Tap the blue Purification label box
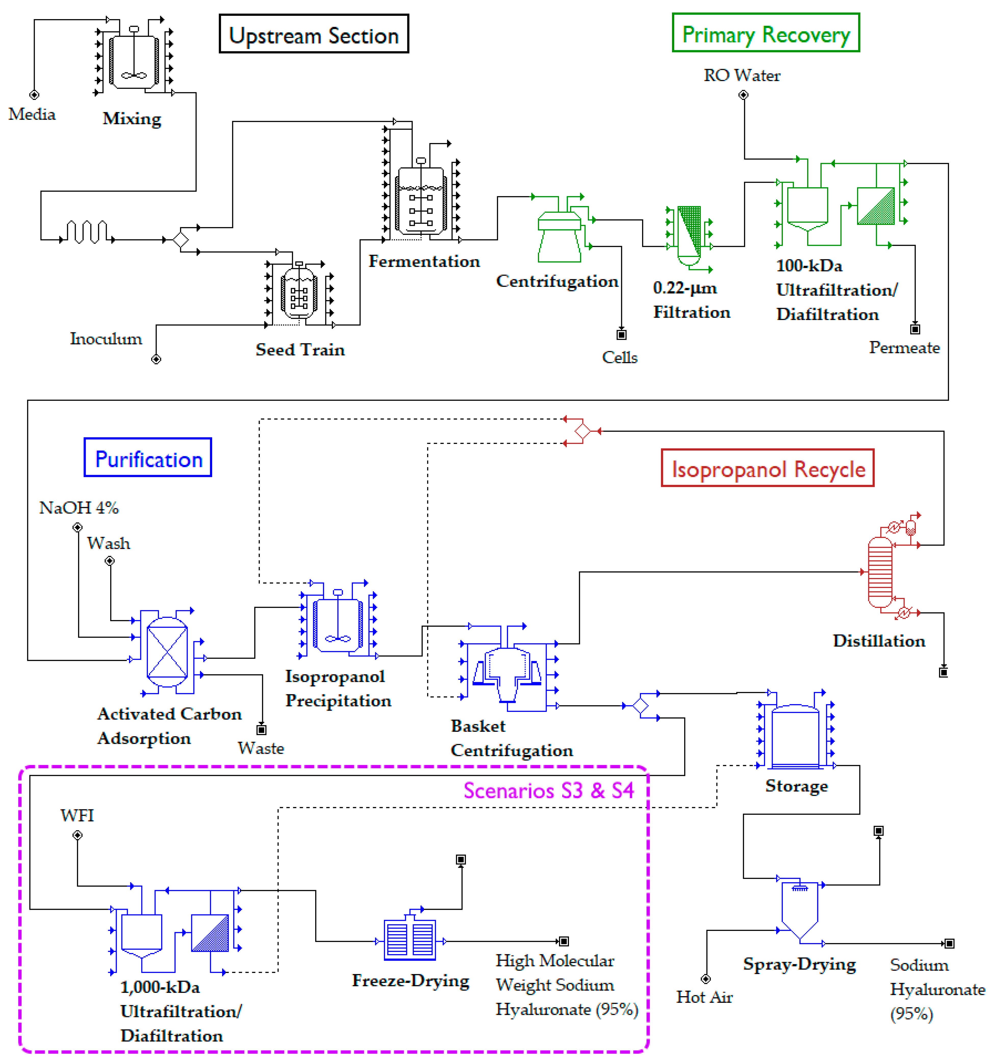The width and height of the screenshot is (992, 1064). (148, 458)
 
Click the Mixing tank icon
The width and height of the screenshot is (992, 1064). (134, 60)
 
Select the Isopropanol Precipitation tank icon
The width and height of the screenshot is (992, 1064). (337, 623)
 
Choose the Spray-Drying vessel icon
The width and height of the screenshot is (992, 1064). (799, 910)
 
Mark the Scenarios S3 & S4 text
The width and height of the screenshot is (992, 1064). (548, 790)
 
